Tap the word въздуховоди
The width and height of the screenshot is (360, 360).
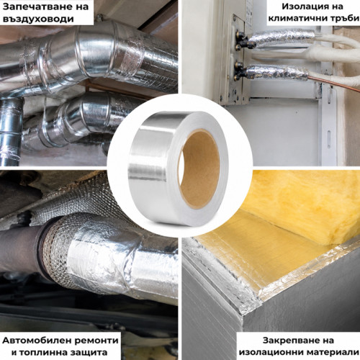point(38,19)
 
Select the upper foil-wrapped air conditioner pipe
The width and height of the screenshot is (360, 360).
point(282,37)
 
